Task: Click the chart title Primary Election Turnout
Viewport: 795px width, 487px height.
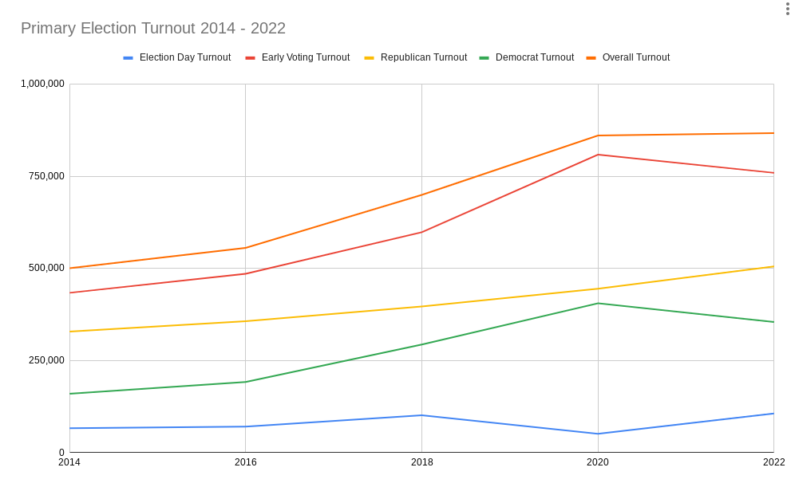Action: (152, 29)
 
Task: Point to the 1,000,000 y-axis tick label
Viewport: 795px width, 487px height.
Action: (42, 84)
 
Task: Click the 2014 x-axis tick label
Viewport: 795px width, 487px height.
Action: (69, 462)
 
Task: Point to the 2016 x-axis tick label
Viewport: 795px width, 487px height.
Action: (245, 462)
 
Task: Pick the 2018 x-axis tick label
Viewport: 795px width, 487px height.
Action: (421, 462)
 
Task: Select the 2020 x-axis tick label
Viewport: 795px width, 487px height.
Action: (597, 462)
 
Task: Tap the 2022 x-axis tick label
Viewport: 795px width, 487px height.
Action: (773, 462)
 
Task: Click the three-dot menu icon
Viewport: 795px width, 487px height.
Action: (787, 9)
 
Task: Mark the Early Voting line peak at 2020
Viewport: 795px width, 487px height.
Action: (598, 155)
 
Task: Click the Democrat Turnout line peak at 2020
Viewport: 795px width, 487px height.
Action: (598, 303)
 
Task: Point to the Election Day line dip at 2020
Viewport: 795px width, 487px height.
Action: (598, 434)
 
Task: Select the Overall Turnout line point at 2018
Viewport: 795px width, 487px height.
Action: (421, 194)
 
